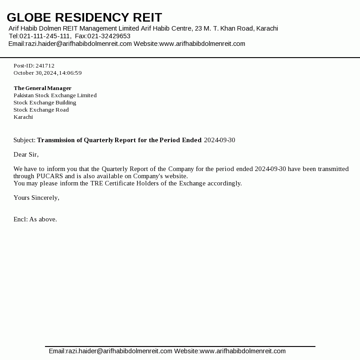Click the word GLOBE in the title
point(29,18)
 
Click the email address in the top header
point(79,44)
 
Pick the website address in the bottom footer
point(243,351)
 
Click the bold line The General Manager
point(42,88)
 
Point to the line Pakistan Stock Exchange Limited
point(55,95)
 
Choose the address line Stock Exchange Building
point(45,103)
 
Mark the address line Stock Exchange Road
point(41,110)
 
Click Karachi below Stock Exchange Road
point(23,117)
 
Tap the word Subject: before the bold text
point(24,140)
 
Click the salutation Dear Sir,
point(26,154)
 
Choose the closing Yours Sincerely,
point(36,198)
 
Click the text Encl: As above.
point(35,219)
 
